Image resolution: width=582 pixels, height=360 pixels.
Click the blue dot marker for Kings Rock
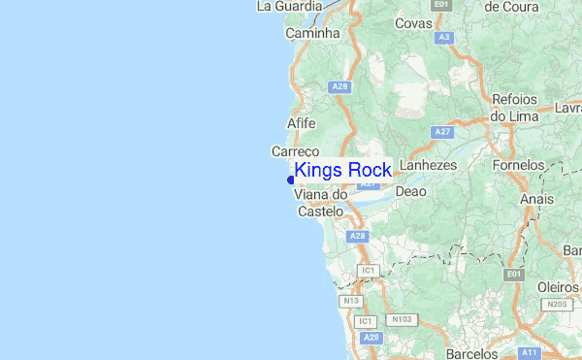(x=291, y=180)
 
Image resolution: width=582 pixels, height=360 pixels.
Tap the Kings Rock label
(x=342, y=171)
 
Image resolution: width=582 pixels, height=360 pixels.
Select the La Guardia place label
(x=287, y=6)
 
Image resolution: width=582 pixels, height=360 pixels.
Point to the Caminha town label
(x=313, y=33)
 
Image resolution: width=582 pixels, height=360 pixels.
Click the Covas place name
(x=414, y=23)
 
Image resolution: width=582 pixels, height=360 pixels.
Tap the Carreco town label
(x=296, y=152)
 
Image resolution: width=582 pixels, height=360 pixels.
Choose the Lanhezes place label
(x=428, y=166)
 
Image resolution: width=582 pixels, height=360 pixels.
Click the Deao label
(x=410, y=191)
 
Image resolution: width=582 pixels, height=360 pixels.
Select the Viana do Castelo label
(x=320, y=202)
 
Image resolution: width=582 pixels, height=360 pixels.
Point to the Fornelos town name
(x=518, y=166)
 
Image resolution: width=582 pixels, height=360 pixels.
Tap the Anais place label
(x=536, y=199)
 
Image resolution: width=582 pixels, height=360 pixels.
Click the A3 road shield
(x=444, y=37)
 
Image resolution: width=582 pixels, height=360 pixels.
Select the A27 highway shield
(x=443, y=131)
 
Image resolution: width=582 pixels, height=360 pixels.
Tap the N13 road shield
(x=351, y=301)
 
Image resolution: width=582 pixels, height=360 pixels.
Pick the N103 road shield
(x=400, y=318)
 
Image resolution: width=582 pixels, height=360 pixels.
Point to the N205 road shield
(x=557, y=305)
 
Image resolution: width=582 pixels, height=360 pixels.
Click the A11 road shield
(x=529, y=352)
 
